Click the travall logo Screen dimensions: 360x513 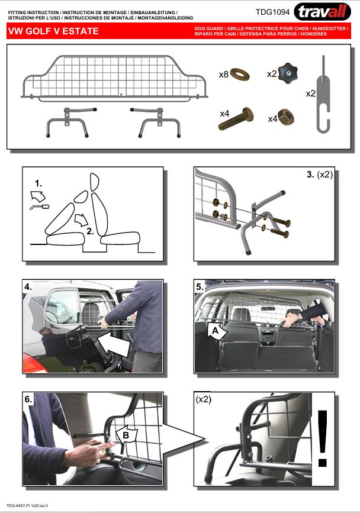click(x=322, y=12)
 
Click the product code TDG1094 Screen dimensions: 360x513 click(x=272, y=12)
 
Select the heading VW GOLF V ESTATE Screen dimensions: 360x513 click(x=53, y=31)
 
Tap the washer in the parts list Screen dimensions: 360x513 click(x=240, y=75)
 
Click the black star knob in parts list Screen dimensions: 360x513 click(x=288, y=73)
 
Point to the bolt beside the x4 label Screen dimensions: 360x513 click(x=236, y=118)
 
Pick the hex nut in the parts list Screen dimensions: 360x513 click(x=285, y=117)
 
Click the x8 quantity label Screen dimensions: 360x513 click(x=224, y=75)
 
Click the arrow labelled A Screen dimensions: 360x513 click(x=217, y=330)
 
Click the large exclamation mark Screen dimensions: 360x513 click(x=323, y=438)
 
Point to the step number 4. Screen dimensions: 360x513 click(x=28, y=287)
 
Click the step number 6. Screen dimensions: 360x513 click(x=28, y=399)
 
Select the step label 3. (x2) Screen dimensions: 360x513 click(x=320, y=175)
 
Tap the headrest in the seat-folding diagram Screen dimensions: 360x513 click(x=94, y=182)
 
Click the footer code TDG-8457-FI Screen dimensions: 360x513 click(x=18, y=505)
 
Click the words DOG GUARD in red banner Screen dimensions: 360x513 click(x=209, y=28)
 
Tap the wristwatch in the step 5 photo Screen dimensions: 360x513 click(x=298, y=317)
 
